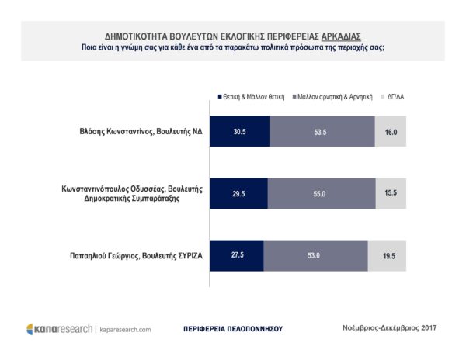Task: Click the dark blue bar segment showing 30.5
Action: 240,132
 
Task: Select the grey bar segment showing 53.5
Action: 322,132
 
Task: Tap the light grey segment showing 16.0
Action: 390,132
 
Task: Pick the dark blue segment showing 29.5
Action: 238,193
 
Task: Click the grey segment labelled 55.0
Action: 321,193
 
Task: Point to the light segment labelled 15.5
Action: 390,193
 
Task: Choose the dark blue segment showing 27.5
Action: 237,254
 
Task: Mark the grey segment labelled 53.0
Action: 315,254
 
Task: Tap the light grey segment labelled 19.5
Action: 386,254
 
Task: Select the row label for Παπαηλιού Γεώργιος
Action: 134,254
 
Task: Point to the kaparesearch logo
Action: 58,329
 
